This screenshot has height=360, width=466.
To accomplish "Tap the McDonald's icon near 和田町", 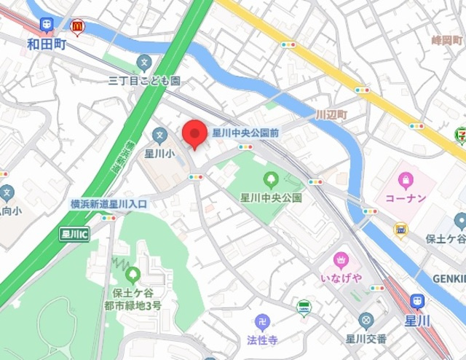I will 77,28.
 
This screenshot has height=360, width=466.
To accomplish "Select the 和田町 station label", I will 47,44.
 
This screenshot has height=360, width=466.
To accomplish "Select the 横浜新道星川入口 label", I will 108,204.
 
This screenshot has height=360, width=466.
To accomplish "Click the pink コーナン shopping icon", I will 406,179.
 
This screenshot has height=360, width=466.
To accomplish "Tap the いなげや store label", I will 341,279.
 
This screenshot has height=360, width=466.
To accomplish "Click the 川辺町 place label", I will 332,116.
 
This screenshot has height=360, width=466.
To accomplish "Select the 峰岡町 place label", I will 447,40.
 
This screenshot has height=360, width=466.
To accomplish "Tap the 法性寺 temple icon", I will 263,321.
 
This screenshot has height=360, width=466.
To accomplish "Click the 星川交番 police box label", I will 366,338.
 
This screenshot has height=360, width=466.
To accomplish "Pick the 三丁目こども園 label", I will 144,79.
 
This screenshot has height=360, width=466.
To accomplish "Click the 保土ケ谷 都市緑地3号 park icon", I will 133,275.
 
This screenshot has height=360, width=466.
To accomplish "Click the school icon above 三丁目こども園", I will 144,63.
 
